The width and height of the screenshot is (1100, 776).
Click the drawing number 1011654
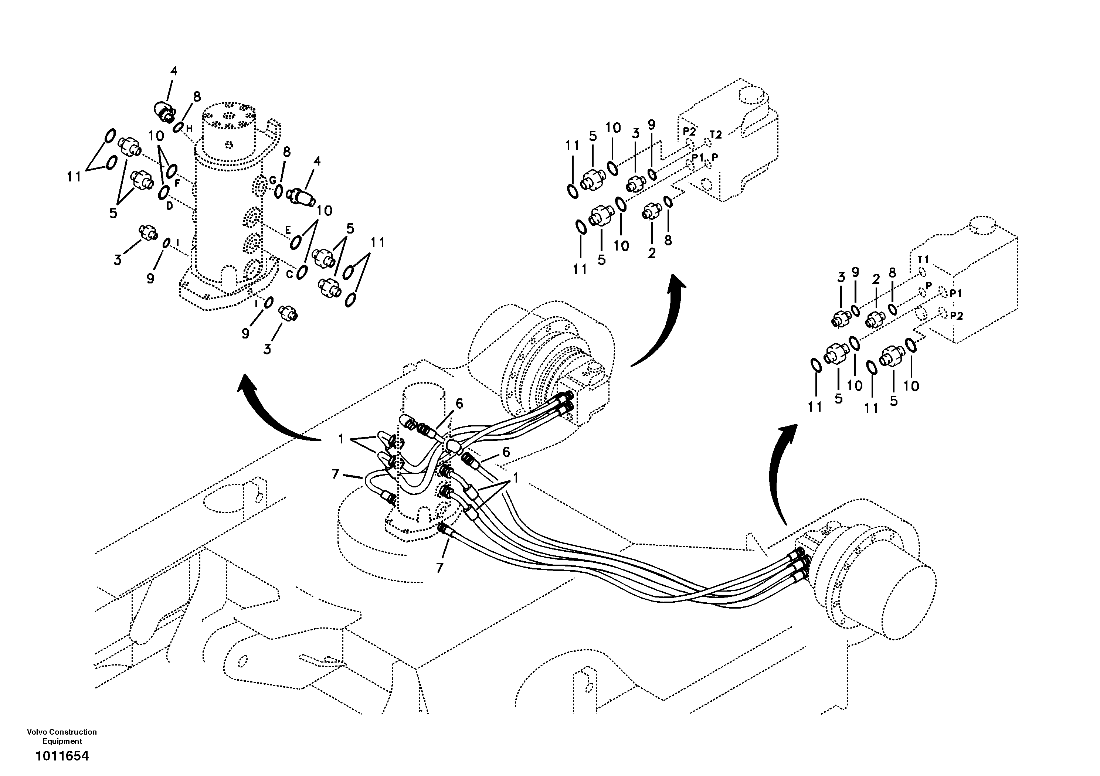point(62,756)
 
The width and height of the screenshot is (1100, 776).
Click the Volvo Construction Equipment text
point(62,736)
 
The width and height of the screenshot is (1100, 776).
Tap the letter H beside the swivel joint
point(189,128)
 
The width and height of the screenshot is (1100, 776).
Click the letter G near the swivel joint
point(272,180)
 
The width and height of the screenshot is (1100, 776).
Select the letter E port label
point(288,230)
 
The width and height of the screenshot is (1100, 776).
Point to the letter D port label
point(169,205)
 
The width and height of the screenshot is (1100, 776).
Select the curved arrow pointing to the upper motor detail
point(661,326)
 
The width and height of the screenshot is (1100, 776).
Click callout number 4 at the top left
point(174,71)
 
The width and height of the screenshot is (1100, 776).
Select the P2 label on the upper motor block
point(689,131)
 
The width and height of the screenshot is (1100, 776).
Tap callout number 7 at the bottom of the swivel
point(439,568)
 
